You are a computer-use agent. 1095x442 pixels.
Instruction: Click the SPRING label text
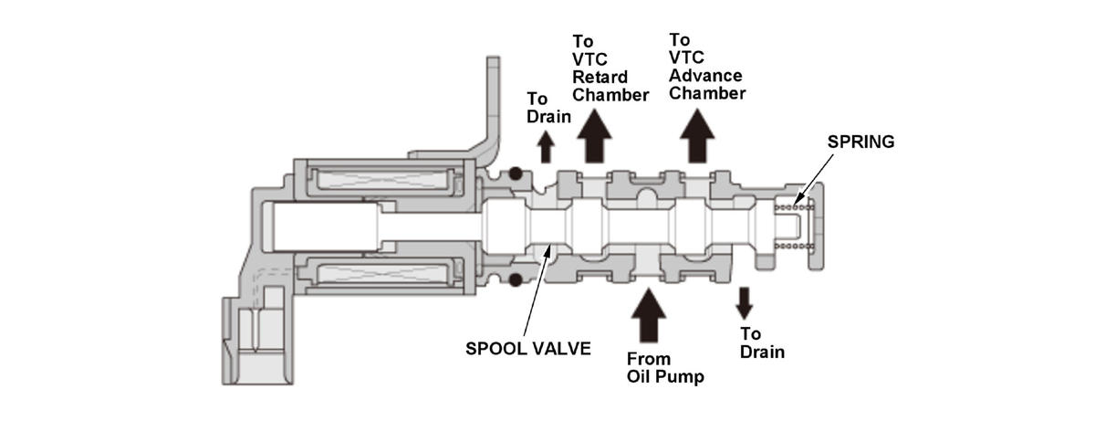pos(860,142)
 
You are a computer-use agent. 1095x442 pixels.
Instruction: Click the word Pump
pos(681,376)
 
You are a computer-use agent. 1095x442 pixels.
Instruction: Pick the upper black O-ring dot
pos(516,174)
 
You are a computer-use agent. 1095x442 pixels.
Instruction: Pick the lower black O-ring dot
pos(516,279)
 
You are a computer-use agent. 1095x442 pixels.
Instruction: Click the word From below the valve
pos(648,359)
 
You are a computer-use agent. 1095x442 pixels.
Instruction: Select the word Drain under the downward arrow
pos(762,353)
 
